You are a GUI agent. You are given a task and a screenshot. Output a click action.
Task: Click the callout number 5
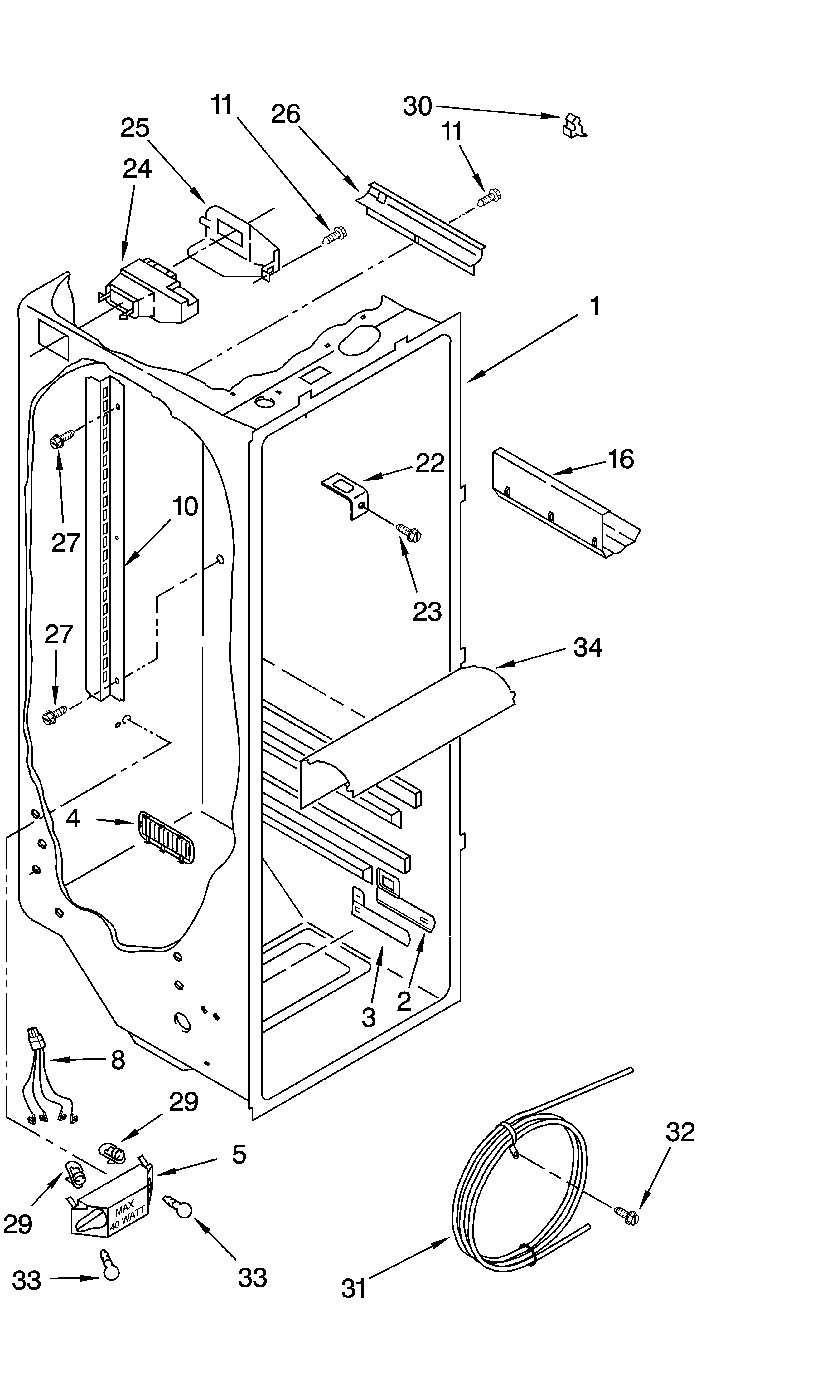coord(238,1154)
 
